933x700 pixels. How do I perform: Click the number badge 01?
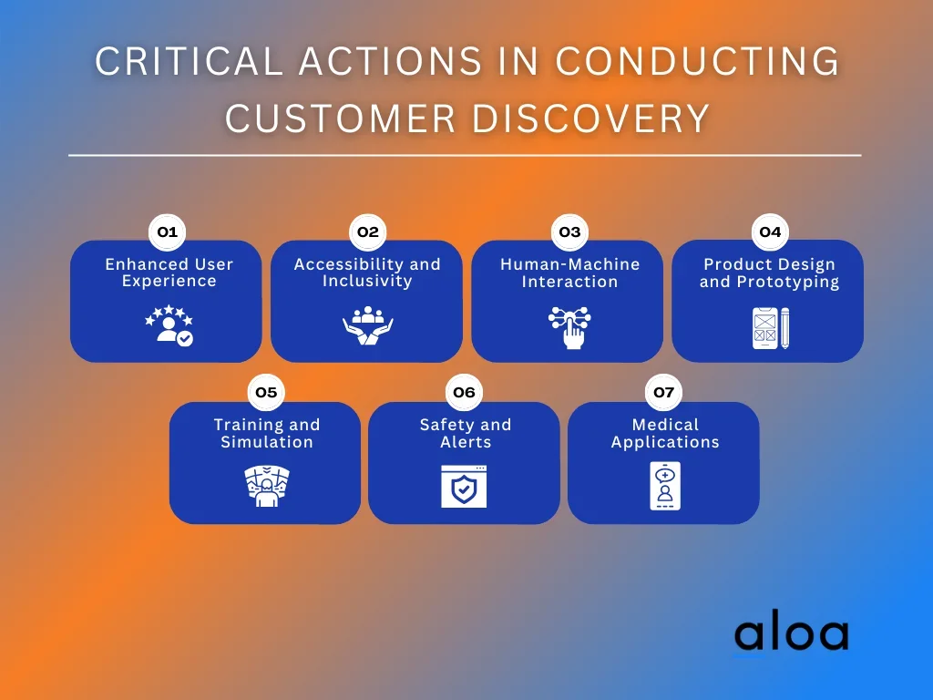[x=167, y=232]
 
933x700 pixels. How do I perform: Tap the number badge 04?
[x=770, y=232]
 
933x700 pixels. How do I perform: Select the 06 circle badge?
[x=464, y=392]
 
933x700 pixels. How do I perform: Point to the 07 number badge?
[x=663, y=392]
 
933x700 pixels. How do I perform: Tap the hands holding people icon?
[x=367, y=326]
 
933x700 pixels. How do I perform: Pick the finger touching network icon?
[x=569, y=327]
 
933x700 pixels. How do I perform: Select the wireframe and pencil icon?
[x=771, y=327]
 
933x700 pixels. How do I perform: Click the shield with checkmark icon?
[x=464, y=487]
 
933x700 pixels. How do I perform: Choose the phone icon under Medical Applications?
[x=664, y=486]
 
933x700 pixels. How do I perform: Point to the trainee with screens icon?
[x=266, y=486]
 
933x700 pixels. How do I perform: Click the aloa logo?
[x=791, y=634]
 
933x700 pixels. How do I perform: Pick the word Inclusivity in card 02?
[x=367, y=281]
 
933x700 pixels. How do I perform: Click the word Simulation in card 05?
[x=267, y=442]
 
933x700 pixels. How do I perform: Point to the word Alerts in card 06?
[x=466, y=442]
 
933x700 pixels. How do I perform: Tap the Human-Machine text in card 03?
[x=569, y=264]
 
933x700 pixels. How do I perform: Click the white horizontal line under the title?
[x=465, y=156]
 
